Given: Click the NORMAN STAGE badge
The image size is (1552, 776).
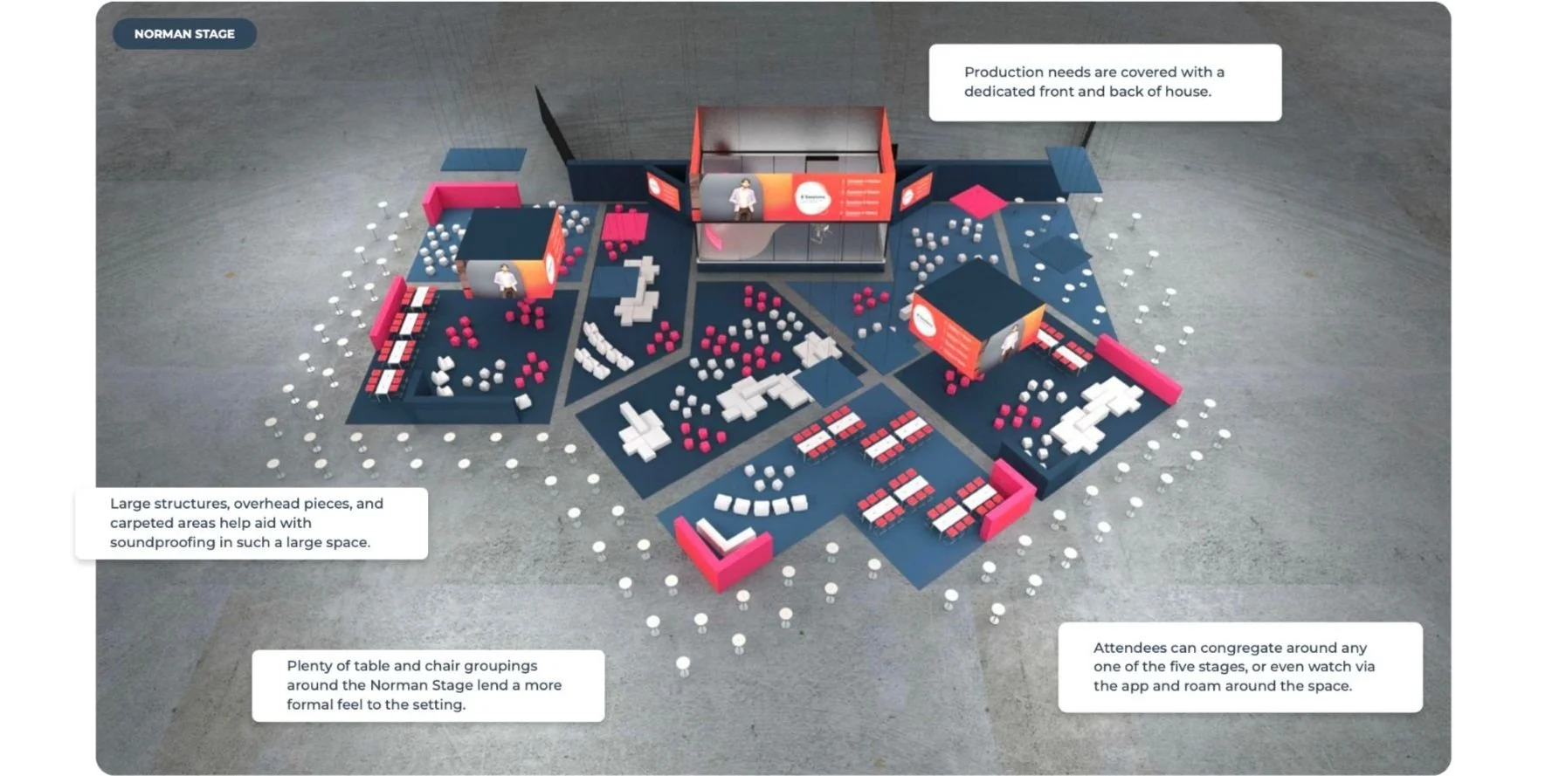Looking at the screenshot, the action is (x=184, y=34).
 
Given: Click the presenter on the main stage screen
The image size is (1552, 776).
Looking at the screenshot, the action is (x=743, y=198).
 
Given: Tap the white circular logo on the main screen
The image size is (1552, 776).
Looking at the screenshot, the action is (x=812, y=198).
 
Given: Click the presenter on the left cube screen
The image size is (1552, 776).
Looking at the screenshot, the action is (x=505, y=280).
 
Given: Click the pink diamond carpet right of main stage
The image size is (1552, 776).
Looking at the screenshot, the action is (x=977, y=200).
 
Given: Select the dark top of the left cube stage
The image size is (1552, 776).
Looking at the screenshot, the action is (x=507, y=232).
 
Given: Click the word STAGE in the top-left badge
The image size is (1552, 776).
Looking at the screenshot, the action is (x=214, y=34).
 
